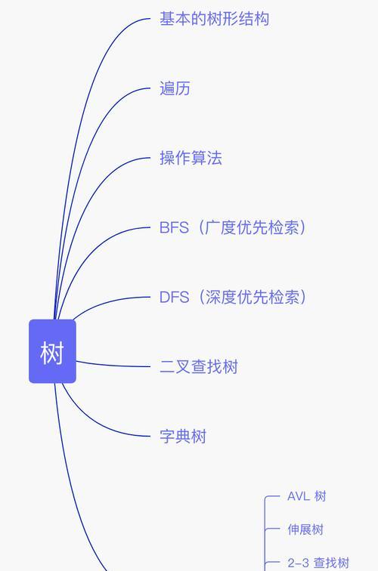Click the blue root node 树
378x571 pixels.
pyautogui.click(x=52, y=351)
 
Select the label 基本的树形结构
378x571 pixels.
pyautogui.click(x=215, y=19)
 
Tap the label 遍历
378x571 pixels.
pyautogui.click(x=175, y=88)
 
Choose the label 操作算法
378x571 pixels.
pyautogui.click(x=191, y=158)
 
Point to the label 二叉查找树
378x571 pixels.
pyautogui.click(x=199, y=367)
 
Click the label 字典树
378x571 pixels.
pyautogui.click(x=183, y=437)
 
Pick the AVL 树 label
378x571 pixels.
pyautogui.click(x=306, y=496)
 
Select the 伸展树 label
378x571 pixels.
pyautogui.click(x=305, y=529)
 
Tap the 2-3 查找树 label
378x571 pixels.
pyautogui.click(x=318, y=563)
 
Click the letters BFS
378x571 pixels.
pyautogui.click(x=174, y=227)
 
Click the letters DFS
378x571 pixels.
pyautogui.click(x=174, y=297)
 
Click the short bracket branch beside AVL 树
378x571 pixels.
pyautogui.click(x=272, y=496)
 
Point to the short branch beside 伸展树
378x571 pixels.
pyautogui.click(x=272, y=529)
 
